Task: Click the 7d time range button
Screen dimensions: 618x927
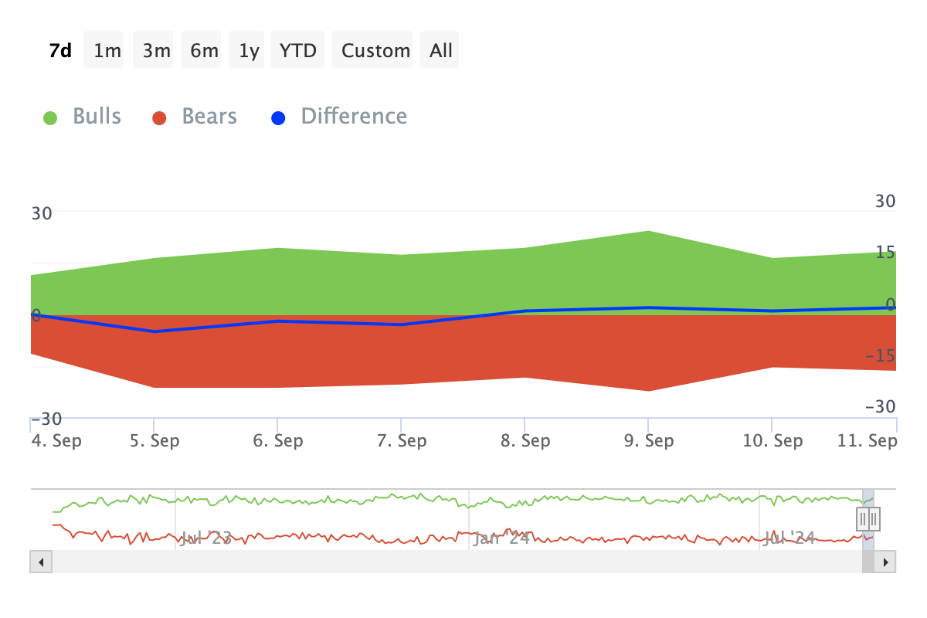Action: coord(60,51)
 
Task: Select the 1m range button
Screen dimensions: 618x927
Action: coord(107,51)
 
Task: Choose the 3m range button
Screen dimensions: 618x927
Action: coord(157,51)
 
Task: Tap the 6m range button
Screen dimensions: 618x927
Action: coord(205,51)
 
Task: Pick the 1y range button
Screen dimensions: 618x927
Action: coord(249,51)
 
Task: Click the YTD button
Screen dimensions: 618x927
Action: coord(298,51)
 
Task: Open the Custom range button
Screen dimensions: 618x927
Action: coord(375,51)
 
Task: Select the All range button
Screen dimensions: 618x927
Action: coord(441,51)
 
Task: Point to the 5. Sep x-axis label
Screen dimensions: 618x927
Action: coord(154,441)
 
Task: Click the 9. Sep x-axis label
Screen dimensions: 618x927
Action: coord(649,441)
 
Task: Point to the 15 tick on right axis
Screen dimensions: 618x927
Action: coord(885,253)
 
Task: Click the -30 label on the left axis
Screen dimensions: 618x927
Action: coord(46,419)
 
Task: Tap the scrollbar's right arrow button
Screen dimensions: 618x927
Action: coord(887,562)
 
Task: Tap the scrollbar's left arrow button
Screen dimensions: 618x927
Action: coord(40,562)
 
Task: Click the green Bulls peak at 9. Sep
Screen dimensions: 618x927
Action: coord(648,232)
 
